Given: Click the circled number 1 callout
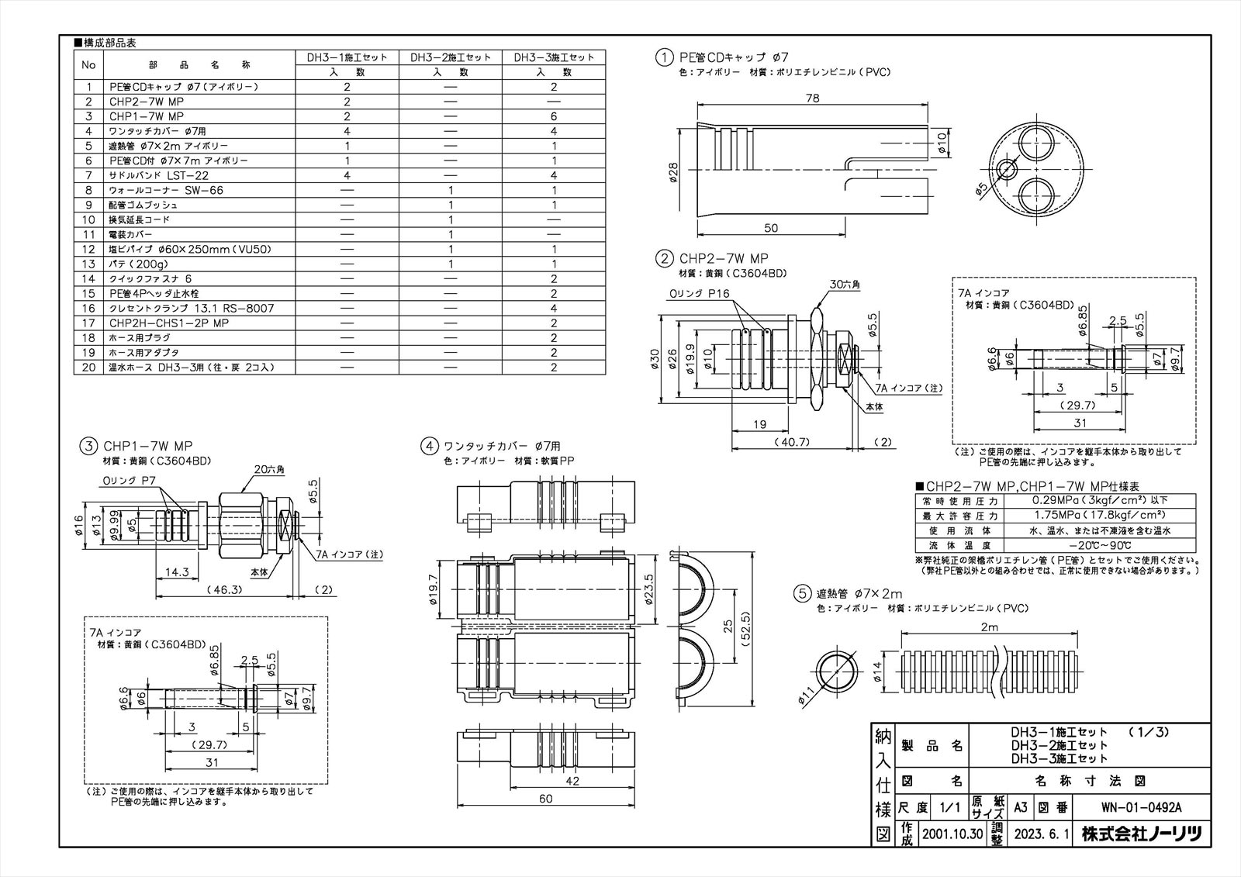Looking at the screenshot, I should [664, 57].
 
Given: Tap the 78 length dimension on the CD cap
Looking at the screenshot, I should [812, 98].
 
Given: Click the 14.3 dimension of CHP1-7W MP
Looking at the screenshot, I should [177, 571].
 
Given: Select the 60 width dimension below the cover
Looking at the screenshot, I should [545, 799].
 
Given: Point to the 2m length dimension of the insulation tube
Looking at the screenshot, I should [988, 627].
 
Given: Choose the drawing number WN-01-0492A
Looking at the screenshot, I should [1141, 808].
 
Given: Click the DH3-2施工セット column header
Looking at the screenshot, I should [450, 57].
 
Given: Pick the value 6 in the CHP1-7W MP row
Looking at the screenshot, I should [554, 116].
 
